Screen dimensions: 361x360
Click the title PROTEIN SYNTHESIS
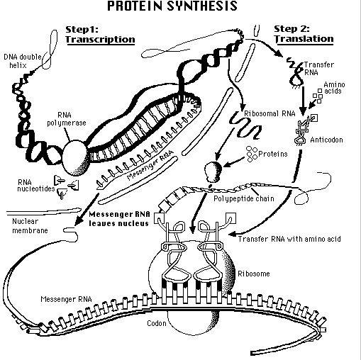(172, 6)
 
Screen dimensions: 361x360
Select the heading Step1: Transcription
(100, 35)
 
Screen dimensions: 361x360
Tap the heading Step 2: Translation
(304, 34)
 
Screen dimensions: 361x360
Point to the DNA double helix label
(23, 61)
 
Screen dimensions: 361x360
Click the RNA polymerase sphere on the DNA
(76, 157)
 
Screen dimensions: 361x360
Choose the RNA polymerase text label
(67, 119)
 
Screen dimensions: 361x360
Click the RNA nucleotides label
(36, 186)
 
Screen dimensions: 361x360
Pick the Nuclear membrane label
(30, 226)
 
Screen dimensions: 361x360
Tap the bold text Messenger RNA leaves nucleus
(119, 219)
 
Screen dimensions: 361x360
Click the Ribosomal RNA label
(270, 113)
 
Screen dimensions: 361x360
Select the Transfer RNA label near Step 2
(318, 69)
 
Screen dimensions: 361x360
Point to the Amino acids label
(334, 88)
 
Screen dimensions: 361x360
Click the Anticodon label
(326, 140)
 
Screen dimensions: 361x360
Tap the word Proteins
(273, 154)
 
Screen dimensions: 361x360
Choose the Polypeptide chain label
(244, 198)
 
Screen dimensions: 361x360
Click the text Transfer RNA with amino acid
(289, 239)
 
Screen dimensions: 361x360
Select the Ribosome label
(254, 274)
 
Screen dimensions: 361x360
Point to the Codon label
(157, 323)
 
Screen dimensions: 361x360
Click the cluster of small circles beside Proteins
(252, 154)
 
